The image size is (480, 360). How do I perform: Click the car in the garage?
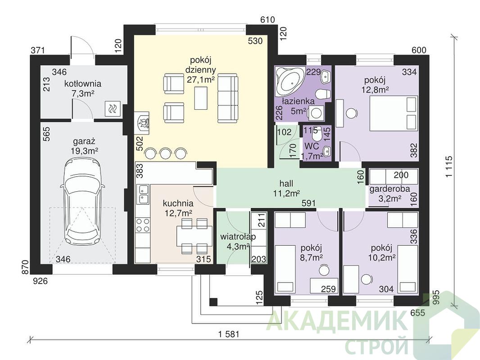click(x=83, y=202)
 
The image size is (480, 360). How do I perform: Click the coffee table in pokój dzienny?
click(x=201, y=98)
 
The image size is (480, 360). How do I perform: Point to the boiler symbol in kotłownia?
click(x=113, y=108)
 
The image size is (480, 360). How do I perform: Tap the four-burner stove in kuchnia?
click(x=143, y=225)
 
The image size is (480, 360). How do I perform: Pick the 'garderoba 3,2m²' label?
click(x=389, y=193)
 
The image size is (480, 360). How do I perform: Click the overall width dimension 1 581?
click(x=229, y=334)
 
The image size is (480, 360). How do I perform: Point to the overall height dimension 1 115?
click(x=449, y=166)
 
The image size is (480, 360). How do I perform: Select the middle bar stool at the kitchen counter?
click(x=165, y=153)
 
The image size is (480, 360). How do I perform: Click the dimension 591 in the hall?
click(x=308, y=203)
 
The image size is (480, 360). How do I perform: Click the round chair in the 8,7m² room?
click(x=323, y=270)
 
